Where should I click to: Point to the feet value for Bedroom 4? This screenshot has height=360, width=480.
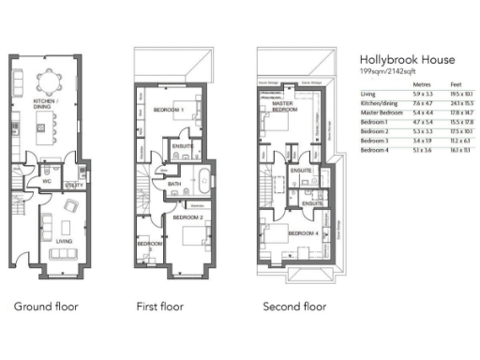coord(461,150)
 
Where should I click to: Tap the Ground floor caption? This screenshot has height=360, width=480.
coord(46,307)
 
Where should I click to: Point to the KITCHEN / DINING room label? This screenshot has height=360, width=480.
coord(47,102)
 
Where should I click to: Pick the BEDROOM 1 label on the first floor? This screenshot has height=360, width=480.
coord(168,109)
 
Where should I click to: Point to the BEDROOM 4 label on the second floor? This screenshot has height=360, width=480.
coord(302,232)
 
